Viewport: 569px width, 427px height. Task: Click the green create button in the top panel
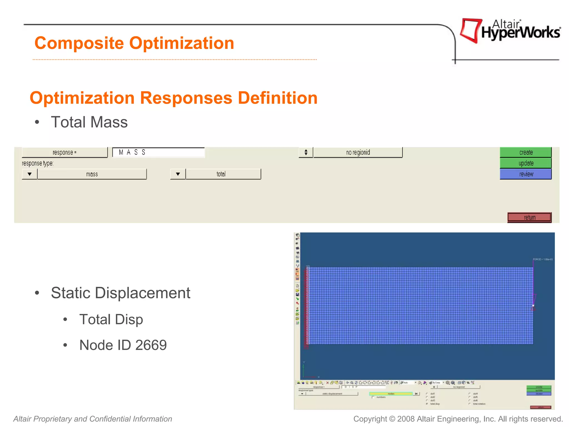point(525,152)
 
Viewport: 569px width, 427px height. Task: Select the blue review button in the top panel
point(525,174)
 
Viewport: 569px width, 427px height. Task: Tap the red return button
point(529,217)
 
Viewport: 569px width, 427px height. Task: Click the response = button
point(64,152)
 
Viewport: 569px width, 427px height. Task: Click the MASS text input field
point(158,152)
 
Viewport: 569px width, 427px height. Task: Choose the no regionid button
point(358,152)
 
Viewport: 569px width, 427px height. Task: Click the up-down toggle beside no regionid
point(306,152)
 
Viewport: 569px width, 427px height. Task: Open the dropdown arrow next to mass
point(29,174)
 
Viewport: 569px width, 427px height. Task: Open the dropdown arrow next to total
point(178,174)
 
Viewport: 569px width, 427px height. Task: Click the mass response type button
point(92,174)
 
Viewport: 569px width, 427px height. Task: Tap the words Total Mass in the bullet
point(89,122)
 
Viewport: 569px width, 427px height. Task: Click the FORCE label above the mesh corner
point(542,259)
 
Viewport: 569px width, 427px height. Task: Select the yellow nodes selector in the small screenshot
point(391,394)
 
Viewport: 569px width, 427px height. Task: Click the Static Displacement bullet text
point(121,293)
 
